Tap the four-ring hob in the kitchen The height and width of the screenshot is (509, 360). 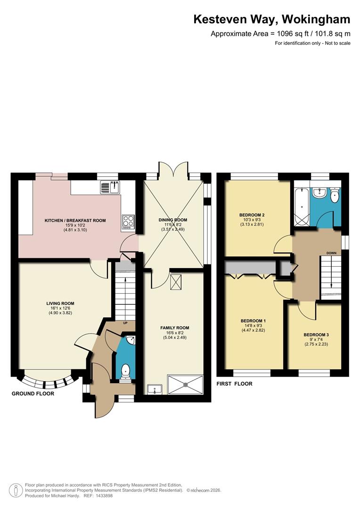[127, 222]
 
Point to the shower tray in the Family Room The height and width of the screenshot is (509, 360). [186, 384]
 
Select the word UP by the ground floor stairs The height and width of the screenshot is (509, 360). [125, 323]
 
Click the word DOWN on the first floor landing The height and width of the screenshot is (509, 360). [331, 253]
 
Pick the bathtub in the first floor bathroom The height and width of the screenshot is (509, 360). [300, 206]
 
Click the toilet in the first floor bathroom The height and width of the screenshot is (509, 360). [335, 195]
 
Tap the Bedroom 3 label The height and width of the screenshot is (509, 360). [316, 335]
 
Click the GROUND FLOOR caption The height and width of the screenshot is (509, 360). [33, 394]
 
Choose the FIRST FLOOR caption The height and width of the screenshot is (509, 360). [234, 384]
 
